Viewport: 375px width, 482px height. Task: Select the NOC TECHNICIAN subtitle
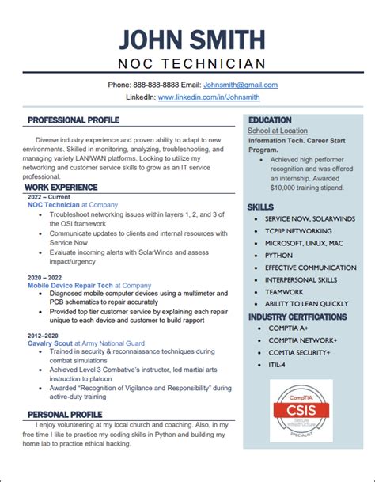click(187, 63)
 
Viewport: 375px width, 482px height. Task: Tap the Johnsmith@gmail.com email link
click(241, 85)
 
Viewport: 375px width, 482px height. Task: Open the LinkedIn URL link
click(209, 97)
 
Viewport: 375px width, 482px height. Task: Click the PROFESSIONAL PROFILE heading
click(74, 120)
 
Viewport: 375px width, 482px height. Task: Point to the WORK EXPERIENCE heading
click(62, 188)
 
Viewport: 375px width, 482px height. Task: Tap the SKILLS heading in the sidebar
click(260, 207)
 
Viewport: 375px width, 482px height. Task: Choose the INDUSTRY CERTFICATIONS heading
click(297, 317)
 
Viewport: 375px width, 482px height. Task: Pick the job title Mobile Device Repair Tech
click(70, 285)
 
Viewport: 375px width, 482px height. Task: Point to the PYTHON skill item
click(278, 256)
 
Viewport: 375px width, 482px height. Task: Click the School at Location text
click(277, 130)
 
